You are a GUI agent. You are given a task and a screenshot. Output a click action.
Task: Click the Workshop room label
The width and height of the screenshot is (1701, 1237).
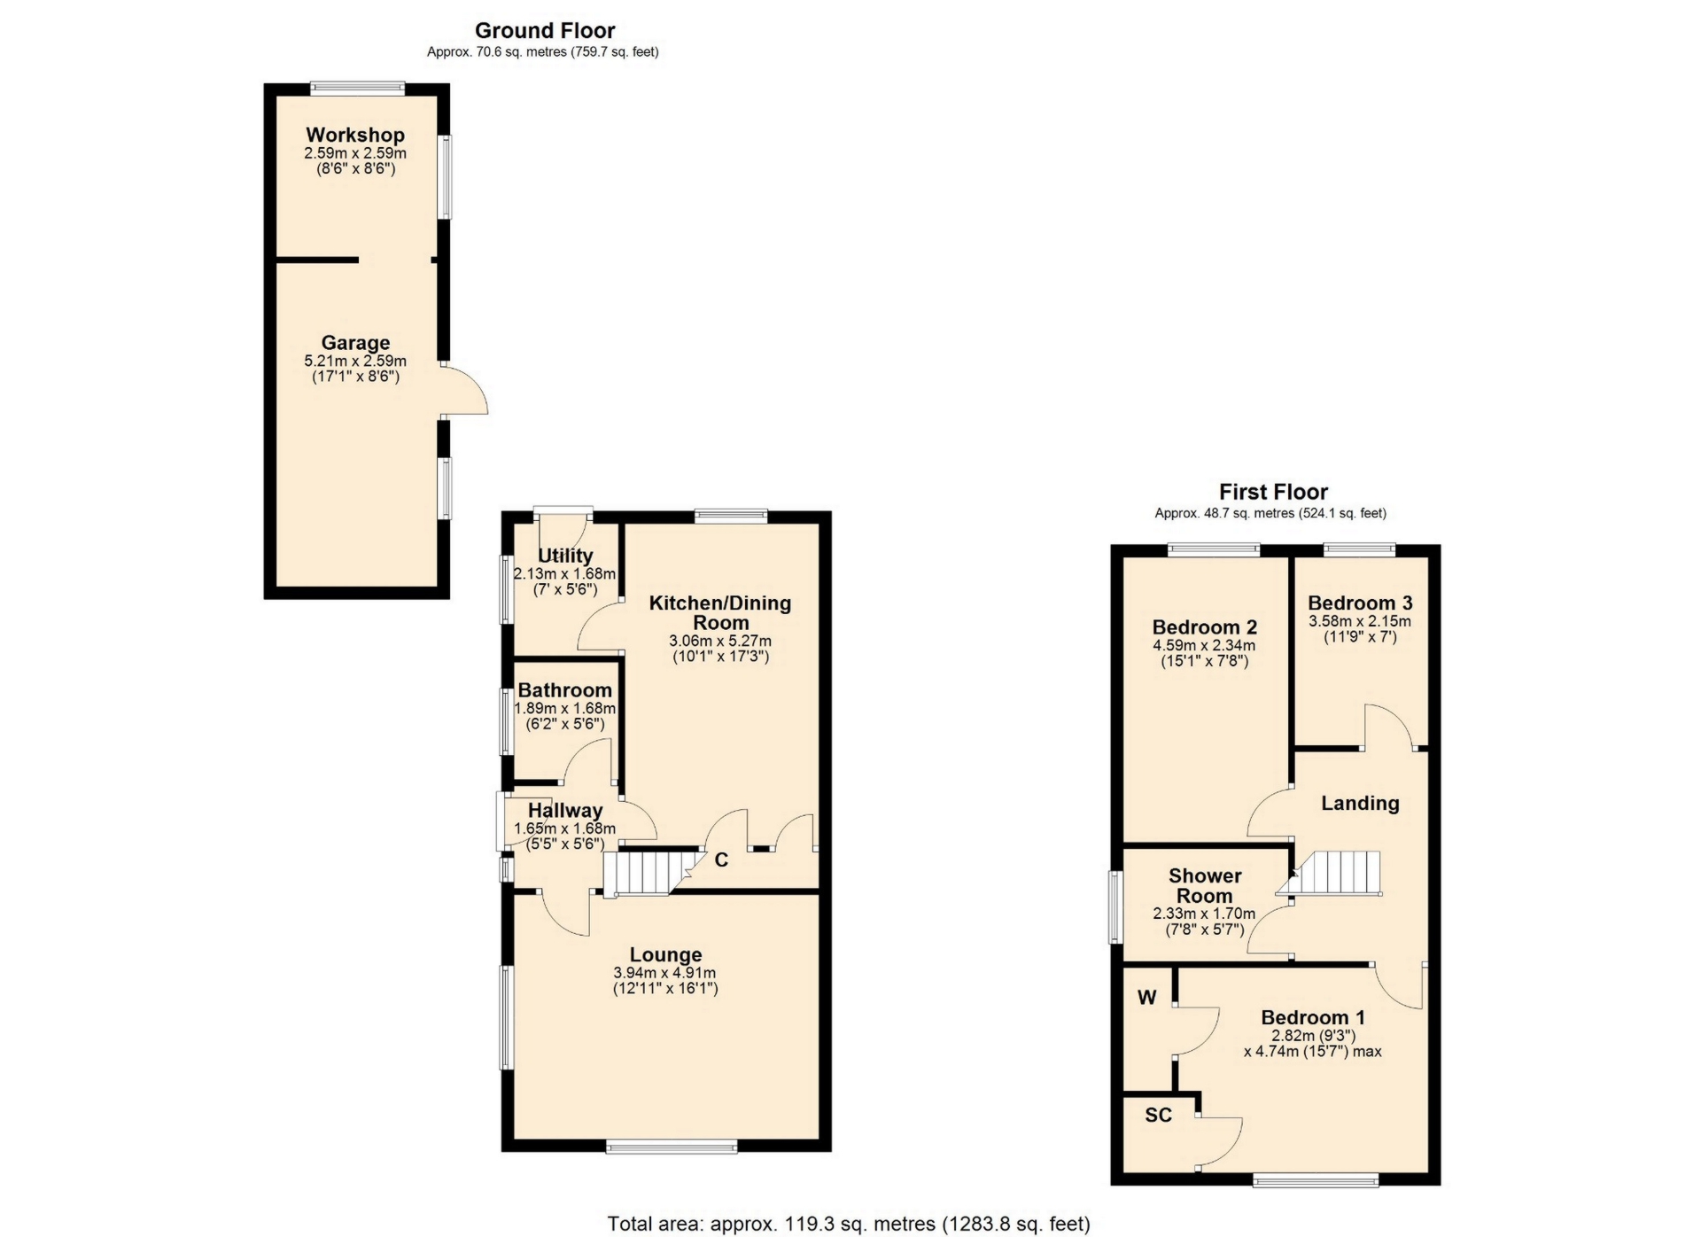(355, 135)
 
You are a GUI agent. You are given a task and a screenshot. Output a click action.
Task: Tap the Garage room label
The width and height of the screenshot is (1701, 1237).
(355, 343)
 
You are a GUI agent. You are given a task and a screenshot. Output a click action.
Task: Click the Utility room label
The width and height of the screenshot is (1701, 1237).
(565, 556)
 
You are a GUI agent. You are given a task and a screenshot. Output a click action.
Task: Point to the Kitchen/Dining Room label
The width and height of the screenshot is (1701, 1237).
(720, 612)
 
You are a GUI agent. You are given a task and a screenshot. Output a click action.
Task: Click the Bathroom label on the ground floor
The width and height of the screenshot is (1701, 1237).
(565, 690)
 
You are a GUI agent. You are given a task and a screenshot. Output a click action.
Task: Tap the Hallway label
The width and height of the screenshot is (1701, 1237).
(565, 810)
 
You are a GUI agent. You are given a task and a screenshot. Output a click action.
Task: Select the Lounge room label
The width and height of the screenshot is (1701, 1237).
(665, 954)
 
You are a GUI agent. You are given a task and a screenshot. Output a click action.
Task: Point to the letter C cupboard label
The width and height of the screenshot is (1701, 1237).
(721, 860)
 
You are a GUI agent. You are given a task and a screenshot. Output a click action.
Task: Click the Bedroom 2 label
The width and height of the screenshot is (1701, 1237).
(1205, 627)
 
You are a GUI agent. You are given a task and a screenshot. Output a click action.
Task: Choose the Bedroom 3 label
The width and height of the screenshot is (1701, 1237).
(1360, 603)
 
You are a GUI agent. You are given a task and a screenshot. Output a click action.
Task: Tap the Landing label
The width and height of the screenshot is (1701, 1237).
(1360, 804)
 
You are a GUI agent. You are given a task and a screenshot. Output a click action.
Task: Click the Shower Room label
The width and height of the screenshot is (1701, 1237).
(1205, 885)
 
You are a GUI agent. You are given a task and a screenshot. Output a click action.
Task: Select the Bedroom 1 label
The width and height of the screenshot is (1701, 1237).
(1313, 1017)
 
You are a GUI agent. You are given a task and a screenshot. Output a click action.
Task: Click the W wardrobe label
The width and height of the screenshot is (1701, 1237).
(1147, 998)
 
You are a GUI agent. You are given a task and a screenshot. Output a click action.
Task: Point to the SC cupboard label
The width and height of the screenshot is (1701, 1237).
(1159, 1115)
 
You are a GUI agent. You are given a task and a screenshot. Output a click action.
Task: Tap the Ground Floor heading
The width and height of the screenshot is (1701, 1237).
(545, 31)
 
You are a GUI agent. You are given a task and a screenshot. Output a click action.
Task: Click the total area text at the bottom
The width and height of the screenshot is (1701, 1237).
(849, 1224)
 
